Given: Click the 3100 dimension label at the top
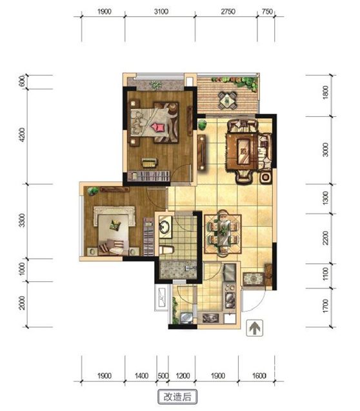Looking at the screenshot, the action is tap(161, 12).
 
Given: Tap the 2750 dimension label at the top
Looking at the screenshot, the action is tap(228, 12).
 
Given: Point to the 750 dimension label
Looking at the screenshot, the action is tap(267, 12).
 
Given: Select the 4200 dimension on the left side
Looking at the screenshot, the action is tap(23, 135).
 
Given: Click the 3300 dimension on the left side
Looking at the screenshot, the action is tap(23, 220).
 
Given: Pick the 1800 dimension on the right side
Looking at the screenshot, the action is tap(325, 92).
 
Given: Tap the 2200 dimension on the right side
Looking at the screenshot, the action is tap(325, 237).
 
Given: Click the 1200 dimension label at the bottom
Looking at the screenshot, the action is tap(183, 376).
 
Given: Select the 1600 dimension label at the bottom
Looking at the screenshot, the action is tap(259, 376).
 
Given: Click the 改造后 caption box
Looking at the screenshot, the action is tap(177, 397).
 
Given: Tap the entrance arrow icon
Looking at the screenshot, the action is tap(254, 328).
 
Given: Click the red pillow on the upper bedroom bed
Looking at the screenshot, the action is tap(157, 127).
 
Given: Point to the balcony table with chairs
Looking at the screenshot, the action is tap(228, 100).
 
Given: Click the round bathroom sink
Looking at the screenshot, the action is tap(165, 226).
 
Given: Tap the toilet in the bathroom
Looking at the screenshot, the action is tap(166, 250).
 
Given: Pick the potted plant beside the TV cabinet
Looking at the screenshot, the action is tap(202, 125).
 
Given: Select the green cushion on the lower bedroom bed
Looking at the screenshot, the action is tap(114, 225).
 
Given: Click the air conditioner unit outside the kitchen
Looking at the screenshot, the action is tap(161, 298).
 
